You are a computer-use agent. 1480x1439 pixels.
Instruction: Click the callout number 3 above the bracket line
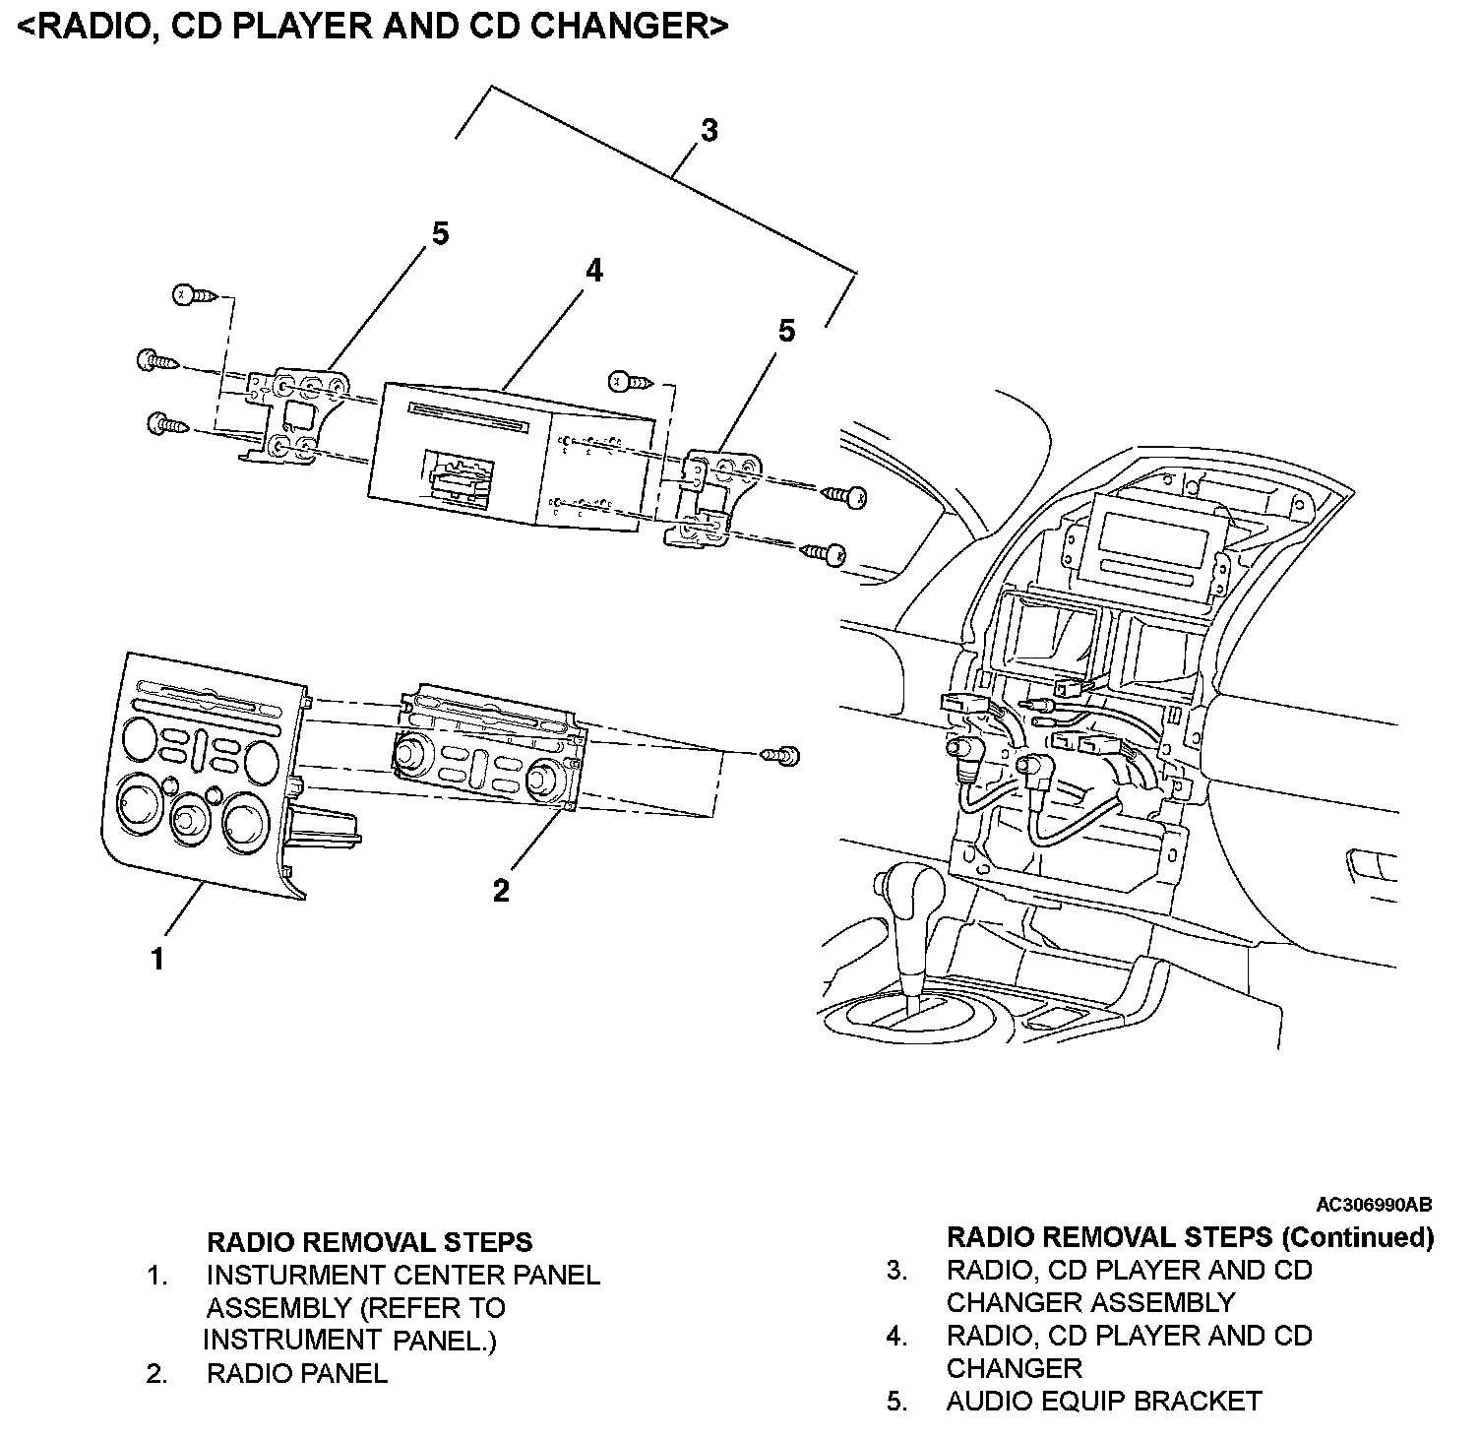pyautogui.click(x=709, y=130)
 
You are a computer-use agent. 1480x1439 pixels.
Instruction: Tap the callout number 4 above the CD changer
pyautogui.click(x=593, y=271)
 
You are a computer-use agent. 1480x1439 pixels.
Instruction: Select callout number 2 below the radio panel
pyautogui.click(x=501, y=891)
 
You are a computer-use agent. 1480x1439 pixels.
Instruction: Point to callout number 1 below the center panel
pyautogui.click(x=157, y=958)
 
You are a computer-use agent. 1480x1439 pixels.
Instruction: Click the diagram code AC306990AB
pyautogui.click(x=1374, y=1204)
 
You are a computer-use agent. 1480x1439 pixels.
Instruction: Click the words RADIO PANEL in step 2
pyautogui.click(x=296, y=1373)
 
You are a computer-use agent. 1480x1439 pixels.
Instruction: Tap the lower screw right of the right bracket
pyautogui.click(x=827, y=556)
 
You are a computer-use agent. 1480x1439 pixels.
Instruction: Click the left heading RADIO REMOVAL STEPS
pyautogui.click(x=369, y=1242)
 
